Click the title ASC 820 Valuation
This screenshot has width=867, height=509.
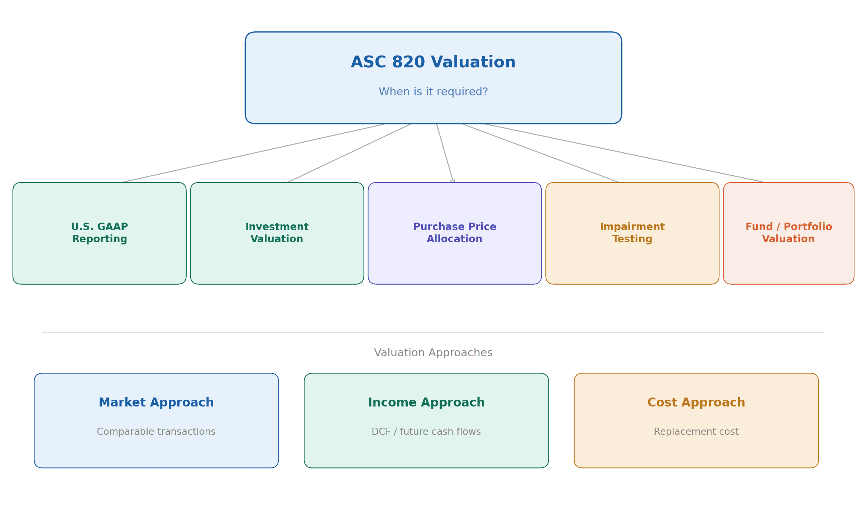tap(433, 62)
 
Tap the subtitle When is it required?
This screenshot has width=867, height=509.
tap(433, 92)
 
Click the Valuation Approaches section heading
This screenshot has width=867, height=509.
tap(433, 353)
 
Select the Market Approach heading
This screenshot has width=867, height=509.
tap(156, 403)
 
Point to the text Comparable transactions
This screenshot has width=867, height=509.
tap(156, 432)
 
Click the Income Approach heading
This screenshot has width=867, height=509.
tap(426, 403)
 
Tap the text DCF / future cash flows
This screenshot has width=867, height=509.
tap(426, 432)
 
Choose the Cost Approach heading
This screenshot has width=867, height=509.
tap(696, 403)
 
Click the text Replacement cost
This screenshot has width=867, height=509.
tap(696, 432)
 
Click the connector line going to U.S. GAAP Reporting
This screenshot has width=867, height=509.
tap(253, 153)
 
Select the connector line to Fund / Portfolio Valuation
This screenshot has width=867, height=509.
tap(625, 153)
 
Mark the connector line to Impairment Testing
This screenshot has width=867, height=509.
tap(541, 153)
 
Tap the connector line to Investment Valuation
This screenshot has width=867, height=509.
tap(349, 153)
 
